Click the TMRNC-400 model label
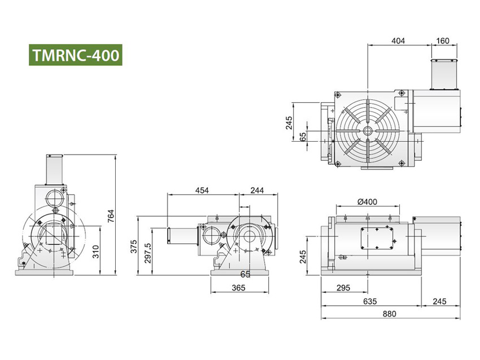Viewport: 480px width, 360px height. pyautogui.click(x=76, y=55)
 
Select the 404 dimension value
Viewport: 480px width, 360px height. pyautogui.click(x=399, y=41)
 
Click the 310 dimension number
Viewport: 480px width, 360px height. pyautogui.click(x=97, y=251)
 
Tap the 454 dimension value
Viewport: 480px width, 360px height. pyautogui.click(x=202, y=190)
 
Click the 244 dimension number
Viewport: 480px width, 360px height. pyautogui.click(x=257, y=190)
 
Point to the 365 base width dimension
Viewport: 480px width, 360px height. pyautogui.click(x=238, y=288)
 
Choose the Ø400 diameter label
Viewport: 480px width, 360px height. pyautogui.click(x=367, y=201)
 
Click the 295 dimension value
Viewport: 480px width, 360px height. pyautogui.click(x=342, y=288)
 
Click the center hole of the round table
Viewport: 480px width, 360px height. pyautogui.click(x=368, y=130)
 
